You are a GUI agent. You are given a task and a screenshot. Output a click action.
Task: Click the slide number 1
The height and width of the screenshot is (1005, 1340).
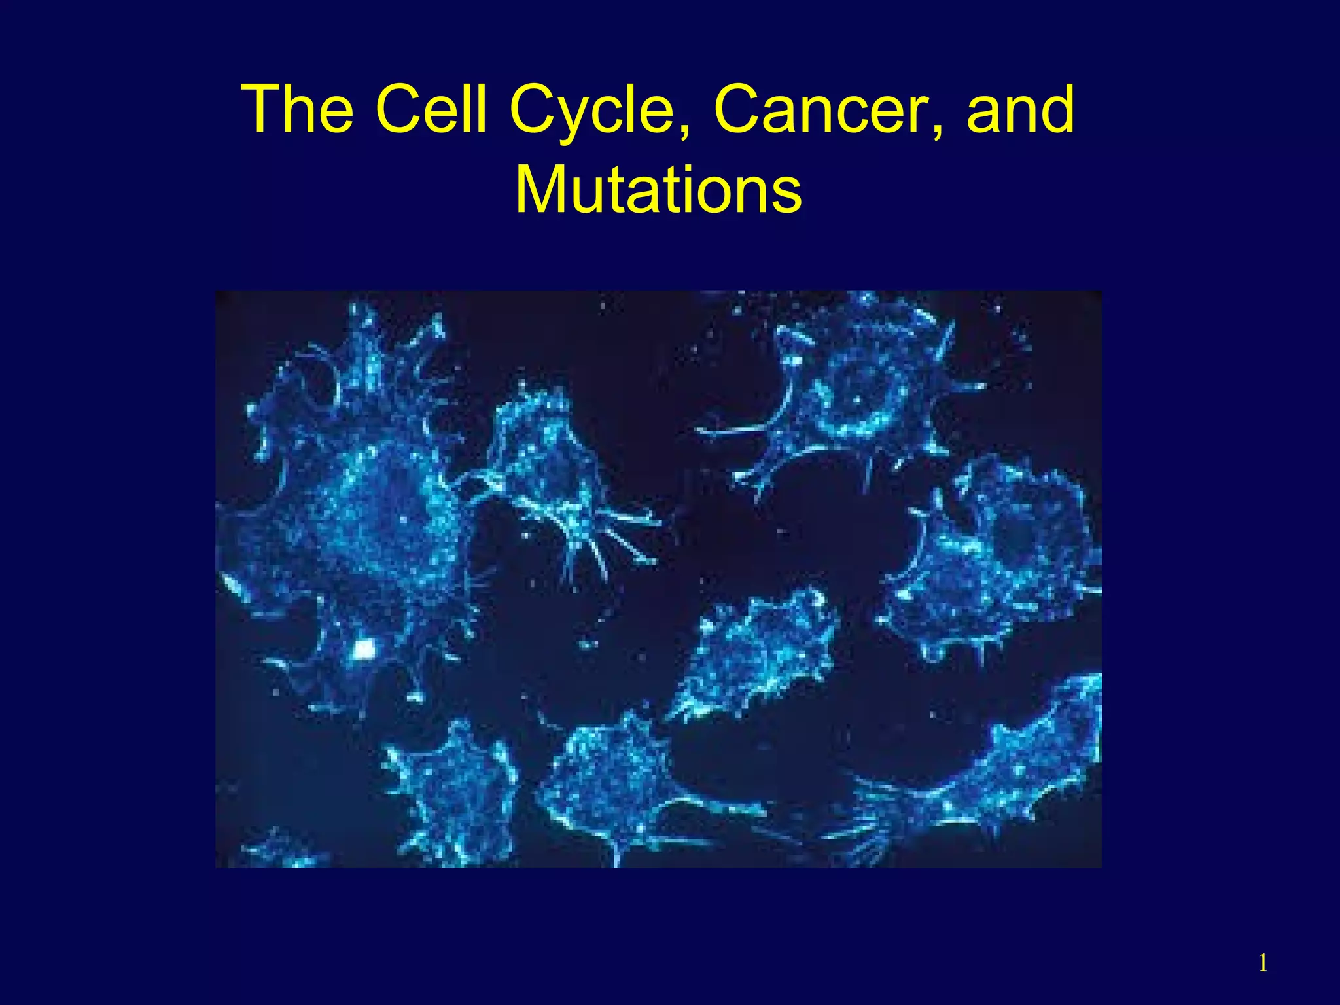(x=1263, y=963)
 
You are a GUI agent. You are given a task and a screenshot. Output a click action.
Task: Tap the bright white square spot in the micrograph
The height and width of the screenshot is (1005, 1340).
(x=364, y=648)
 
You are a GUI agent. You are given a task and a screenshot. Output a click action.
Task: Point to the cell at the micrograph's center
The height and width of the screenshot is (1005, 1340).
(x=759, y=654)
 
